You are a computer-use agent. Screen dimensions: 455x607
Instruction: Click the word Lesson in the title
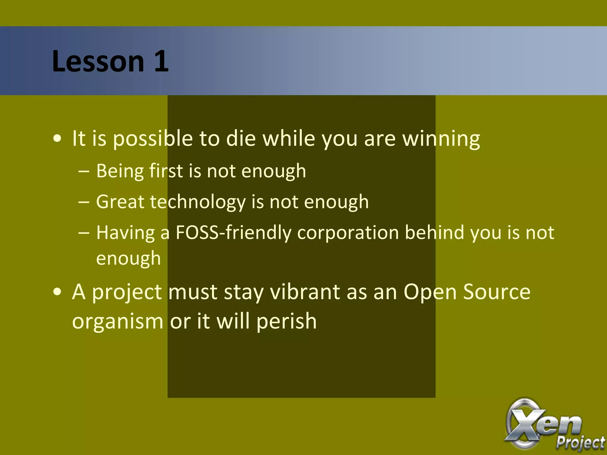click(x=98, y=61)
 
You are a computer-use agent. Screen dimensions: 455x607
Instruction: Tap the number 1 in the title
click(x=161, y=61)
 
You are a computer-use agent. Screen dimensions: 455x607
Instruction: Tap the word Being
click(x=120, y=171)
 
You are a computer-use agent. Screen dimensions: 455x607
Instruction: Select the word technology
click(x=198, y=202)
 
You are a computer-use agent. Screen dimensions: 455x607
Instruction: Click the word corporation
click(x=348, y=233)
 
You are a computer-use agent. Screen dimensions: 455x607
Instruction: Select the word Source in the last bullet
click(x=496, y=292)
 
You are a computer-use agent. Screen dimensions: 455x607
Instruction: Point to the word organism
click(x=118, y=321)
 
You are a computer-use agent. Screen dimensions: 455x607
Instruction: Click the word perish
click(x=286, y=321)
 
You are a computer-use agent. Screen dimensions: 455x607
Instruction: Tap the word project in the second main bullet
click(x=127, y=292)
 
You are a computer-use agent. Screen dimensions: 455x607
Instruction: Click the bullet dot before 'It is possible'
click(x=57, y=139)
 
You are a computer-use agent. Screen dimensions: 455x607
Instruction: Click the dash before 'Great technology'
click(x=84, y=202)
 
